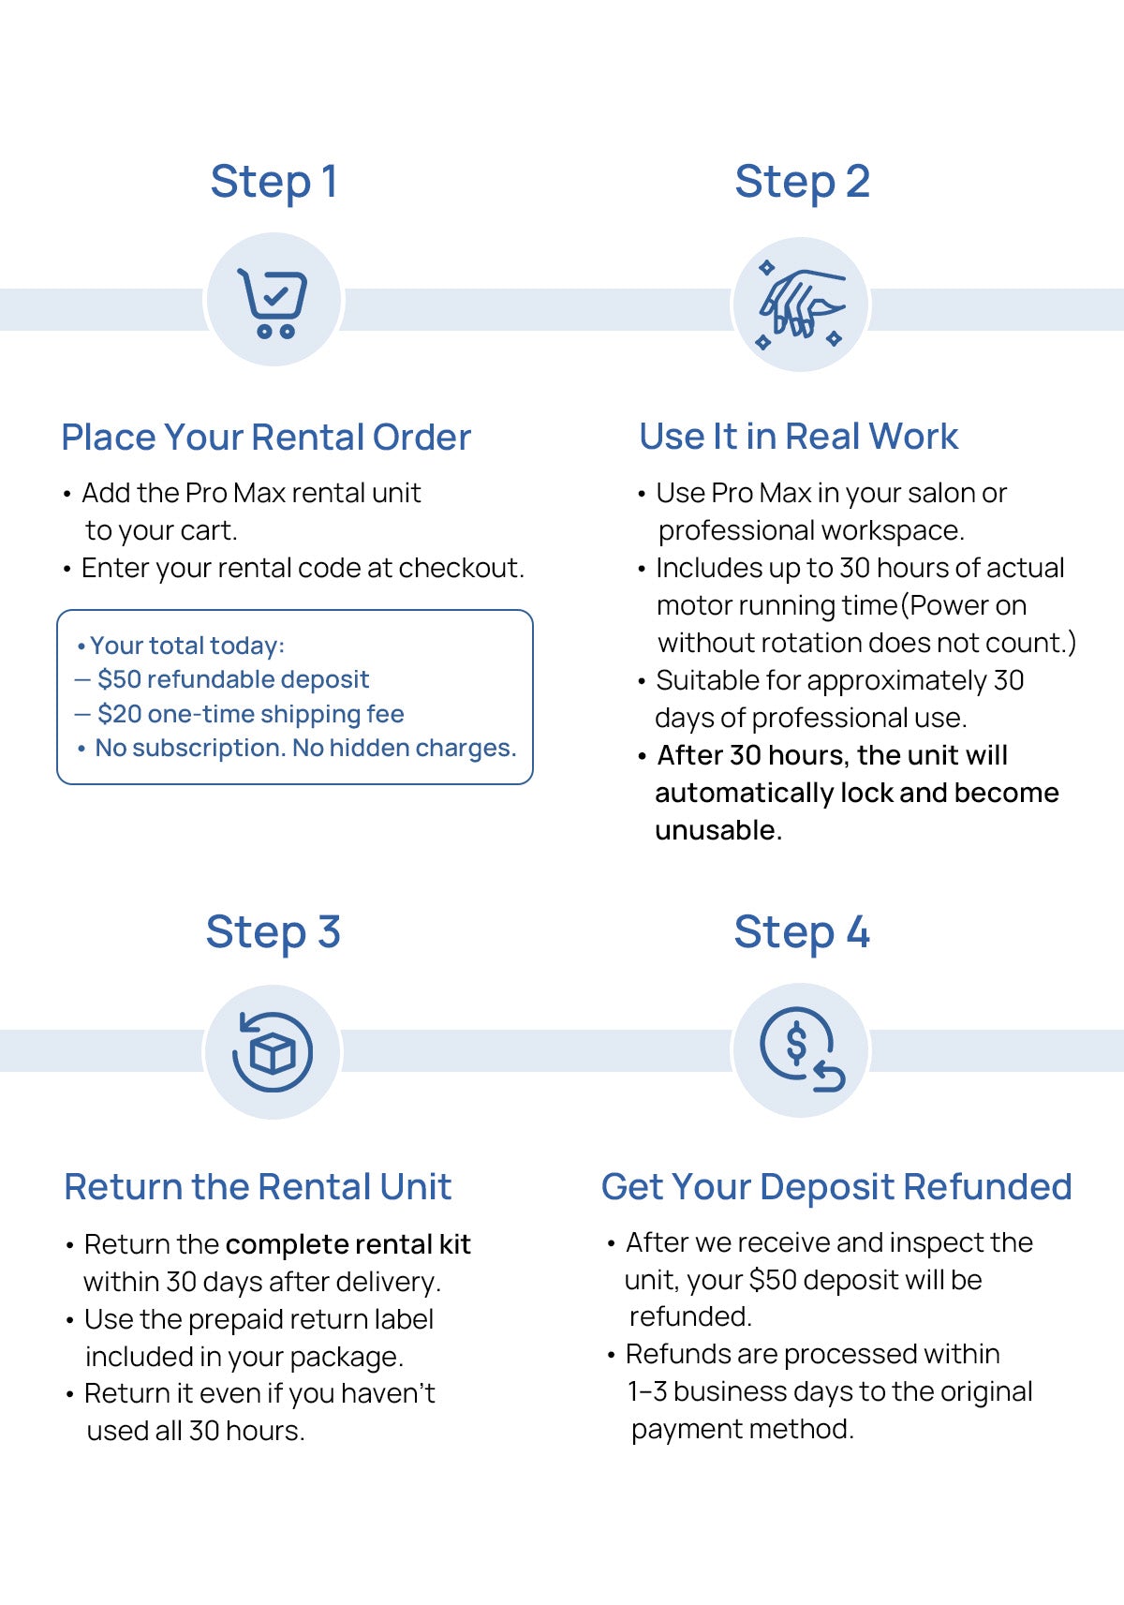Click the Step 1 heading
(x=274, y=182)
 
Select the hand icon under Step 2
(x=801, y=305)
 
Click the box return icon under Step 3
(x=273, y=1051)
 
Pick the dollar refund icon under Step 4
(x=801, y=1050)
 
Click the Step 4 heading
(x=802, y=932)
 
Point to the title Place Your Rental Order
(x=266, y=438)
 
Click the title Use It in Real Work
(x=798, y=437)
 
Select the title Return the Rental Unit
(x=258, y=1187)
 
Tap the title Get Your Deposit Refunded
(x=836, y=1187)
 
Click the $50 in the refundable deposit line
(x=119, y=679)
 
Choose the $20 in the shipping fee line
(x=119, y=714)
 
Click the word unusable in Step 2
(x=717, y=830)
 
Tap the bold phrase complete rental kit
(x=348, y=1244)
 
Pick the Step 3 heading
(x=273, y=932)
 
